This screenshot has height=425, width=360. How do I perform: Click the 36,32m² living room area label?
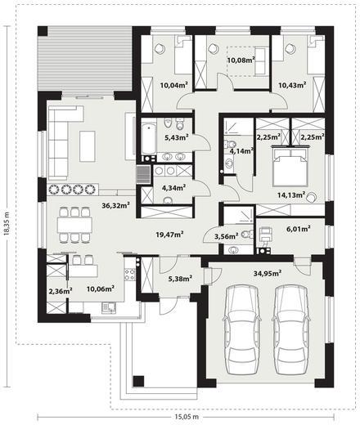115,205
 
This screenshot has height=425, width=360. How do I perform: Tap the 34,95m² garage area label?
268,273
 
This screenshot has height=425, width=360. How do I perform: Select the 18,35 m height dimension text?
7,223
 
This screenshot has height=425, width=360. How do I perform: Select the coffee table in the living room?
88,146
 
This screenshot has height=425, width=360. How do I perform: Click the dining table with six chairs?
74,225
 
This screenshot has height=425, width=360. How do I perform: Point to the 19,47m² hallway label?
169,234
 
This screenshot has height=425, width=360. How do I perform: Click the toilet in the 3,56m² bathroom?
247,234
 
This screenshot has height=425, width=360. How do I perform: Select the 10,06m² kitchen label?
101,289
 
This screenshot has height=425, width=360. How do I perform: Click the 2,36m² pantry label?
61,291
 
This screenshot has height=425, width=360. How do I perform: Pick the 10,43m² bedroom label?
292,85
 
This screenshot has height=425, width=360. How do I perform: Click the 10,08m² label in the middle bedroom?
241,60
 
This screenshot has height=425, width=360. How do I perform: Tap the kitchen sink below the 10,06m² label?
109,307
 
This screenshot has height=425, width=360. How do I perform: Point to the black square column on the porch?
138,382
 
